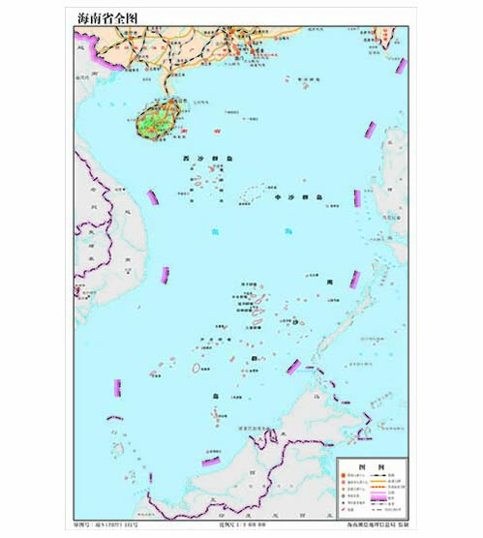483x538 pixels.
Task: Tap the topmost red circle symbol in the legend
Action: point(344,475)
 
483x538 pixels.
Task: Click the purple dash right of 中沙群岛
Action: point(356,198)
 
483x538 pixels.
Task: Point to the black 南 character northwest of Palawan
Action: point(330,281)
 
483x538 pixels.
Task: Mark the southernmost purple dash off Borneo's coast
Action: point(210,462)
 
